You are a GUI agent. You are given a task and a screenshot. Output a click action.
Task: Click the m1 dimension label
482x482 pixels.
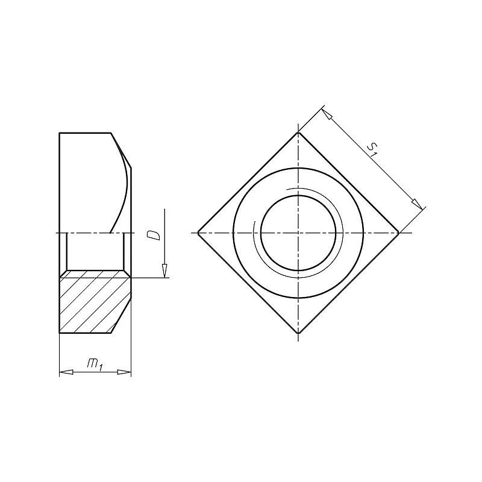95,364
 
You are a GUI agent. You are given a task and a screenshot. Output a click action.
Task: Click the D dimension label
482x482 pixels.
154,235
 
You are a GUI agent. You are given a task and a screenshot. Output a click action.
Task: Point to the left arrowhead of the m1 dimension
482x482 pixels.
66,372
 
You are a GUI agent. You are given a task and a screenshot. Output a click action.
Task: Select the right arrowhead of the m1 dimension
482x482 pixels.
124,372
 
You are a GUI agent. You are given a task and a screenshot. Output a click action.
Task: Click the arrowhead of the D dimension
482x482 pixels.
164,271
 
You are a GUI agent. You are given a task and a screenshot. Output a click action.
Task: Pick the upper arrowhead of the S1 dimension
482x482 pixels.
327,114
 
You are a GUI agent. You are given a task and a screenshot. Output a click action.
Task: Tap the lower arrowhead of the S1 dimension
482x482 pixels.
417,204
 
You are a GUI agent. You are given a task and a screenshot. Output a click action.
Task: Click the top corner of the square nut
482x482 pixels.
298,133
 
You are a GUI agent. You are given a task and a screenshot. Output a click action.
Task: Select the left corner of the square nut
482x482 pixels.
198,233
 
